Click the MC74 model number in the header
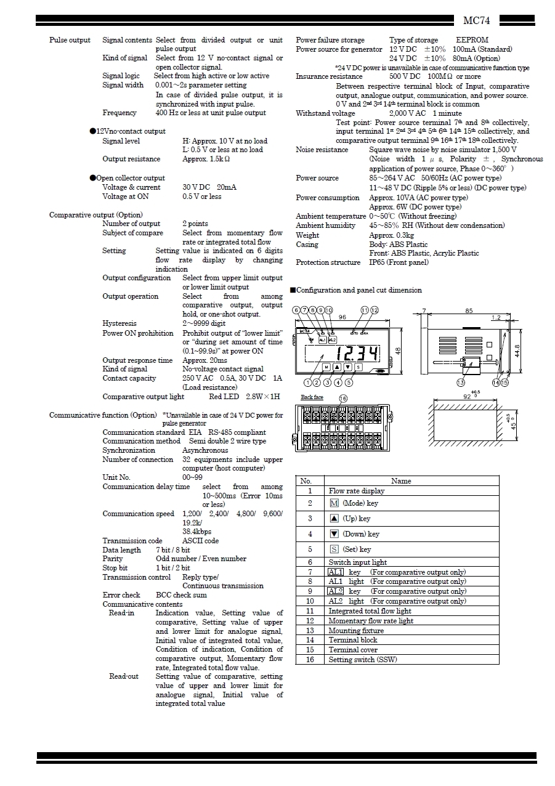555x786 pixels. click(x=476, y=21)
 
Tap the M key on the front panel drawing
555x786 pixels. click(x=326, y=367)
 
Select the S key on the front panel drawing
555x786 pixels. click(x=358, y=367)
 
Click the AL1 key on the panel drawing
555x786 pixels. click(x=322, y=339)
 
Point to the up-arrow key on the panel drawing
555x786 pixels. click(x=337, y=367)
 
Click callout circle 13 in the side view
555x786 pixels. click(x=461, y=383)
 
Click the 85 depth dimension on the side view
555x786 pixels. click(x=469, y=311)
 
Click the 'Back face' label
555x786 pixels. click(x=312, y=397)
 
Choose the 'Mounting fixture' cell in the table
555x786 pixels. click(x=356, y=631)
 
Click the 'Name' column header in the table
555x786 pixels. click(x=400, y=481)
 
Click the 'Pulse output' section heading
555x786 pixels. click(x=70, y=40)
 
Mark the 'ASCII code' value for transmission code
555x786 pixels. click(x=200, y=541)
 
